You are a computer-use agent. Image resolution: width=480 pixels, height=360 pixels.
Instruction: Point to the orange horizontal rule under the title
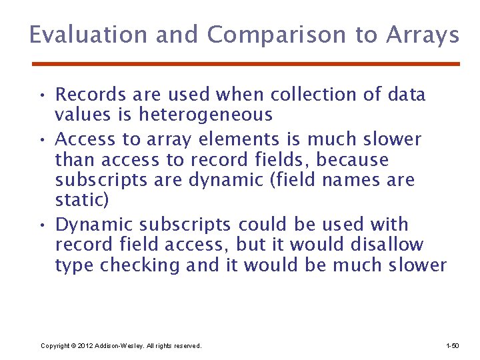tap(246, 64)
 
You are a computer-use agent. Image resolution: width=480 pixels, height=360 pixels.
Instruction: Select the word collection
tap(315, 95)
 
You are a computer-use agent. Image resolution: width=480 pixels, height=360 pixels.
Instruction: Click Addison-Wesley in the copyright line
tap(117, 345)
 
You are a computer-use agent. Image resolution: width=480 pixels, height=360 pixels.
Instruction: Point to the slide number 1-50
tap(452, 345)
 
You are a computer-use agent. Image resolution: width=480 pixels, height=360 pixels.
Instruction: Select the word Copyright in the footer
tap(55, 345)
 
